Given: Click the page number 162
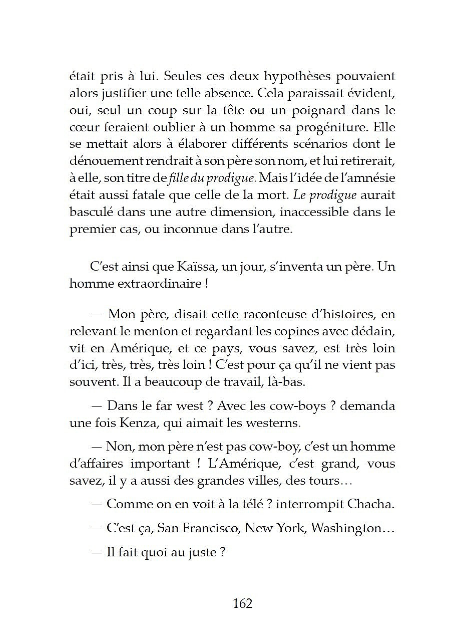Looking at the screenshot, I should click(x=242, y=603).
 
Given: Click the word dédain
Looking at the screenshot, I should click(x=371, y=331).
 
